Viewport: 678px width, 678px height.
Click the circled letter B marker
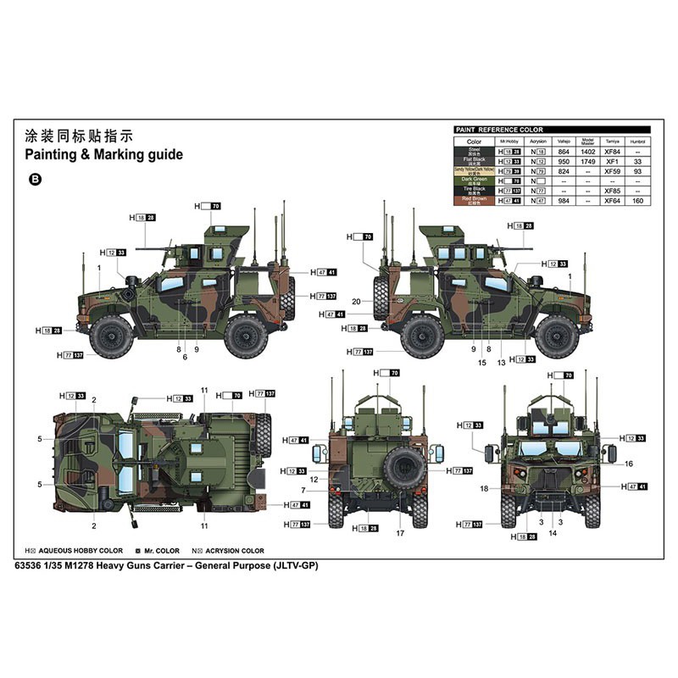(35, 179)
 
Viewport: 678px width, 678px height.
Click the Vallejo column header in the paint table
(564, 141)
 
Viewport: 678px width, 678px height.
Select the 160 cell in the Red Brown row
(638, 201)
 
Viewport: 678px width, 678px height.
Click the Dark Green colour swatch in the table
(474, 181)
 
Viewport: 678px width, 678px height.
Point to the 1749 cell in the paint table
(587, 160)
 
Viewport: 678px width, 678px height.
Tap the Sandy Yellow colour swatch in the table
(474, 170)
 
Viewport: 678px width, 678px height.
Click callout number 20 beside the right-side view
(356, 302)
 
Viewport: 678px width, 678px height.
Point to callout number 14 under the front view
(553, 533)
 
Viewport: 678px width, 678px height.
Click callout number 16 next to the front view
(628, 464)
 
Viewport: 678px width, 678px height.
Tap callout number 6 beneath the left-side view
(184, 358)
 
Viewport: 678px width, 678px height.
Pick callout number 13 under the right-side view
(502, 362)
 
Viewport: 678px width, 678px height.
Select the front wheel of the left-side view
(112, 334)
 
